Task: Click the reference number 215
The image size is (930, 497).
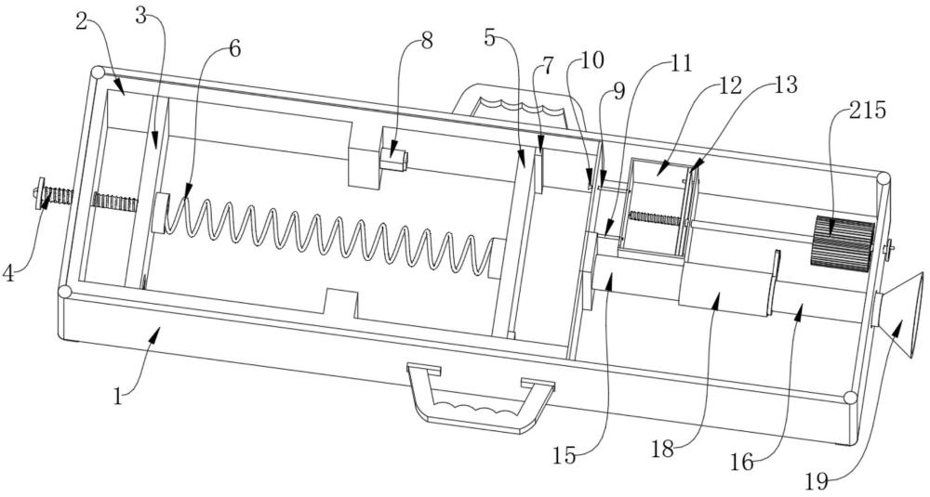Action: pyautogui.click(x=866, y=111)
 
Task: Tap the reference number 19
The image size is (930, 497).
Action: pyautogui.click(x=817, y=481)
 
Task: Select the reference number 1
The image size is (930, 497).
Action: pyautogui.click(x=118, y=396)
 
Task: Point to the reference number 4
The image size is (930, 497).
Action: pyautogui.click(x=8, y=274)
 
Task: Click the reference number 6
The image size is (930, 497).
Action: pyautogui.click(x=234, y=49)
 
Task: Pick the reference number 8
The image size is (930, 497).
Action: pyautogui.click(x=426, y=40)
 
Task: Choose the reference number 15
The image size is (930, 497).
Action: pyautogui.click(x=565, y=457)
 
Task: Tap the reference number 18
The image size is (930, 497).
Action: pyautogui.click(x=664, y=450)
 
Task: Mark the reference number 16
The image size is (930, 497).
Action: pyautogui.click(x=742, y=463)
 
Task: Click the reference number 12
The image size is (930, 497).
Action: pyautogui.click(x=731, y=85)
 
